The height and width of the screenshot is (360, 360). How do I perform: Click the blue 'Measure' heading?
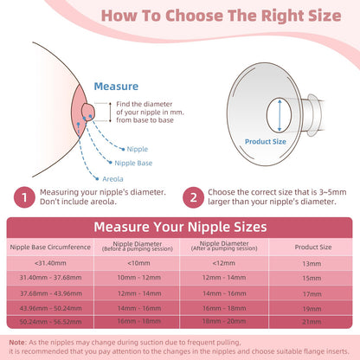116,87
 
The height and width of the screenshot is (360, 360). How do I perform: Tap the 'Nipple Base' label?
133,163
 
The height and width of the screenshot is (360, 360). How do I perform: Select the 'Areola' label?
112,179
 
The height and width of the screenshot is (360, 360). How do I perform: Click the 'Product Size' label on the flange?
266,142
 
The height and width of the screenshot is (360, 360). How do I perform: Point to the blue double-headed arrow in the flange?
280,115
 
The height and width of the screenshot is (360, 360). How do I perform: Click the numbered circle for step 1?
24,197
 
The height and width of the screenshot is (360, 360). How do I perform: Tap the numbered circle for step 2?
193,197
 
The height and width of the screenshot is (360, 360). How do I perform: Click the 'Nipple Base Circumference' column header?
50,247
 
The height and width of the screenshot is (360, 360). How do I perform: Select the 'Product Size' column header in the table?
313,247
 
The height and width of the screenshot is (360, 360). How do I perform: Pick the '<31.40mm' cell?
50,263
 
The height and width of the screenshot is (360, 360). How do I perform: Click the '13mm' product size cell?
312,264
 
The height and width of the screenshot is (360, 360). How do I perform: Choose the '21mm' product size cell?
312,322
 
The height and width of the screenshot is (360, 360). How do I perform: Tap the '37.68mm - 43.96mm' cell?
51,293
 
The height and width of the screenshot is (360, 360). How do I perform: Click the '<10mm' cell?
138,263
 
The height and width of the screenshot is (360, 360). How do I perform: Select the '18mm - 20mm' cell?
224,321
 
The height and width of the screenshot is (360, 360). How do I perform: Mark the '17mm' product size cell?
312,294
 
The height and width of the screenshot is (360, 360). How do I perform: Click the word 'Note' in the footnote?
17,343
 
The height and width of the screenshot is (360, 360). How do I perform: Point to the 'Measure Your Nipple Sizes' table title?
180,227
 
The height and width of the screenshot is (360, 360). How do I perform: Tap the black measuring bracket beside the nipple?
110,112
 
